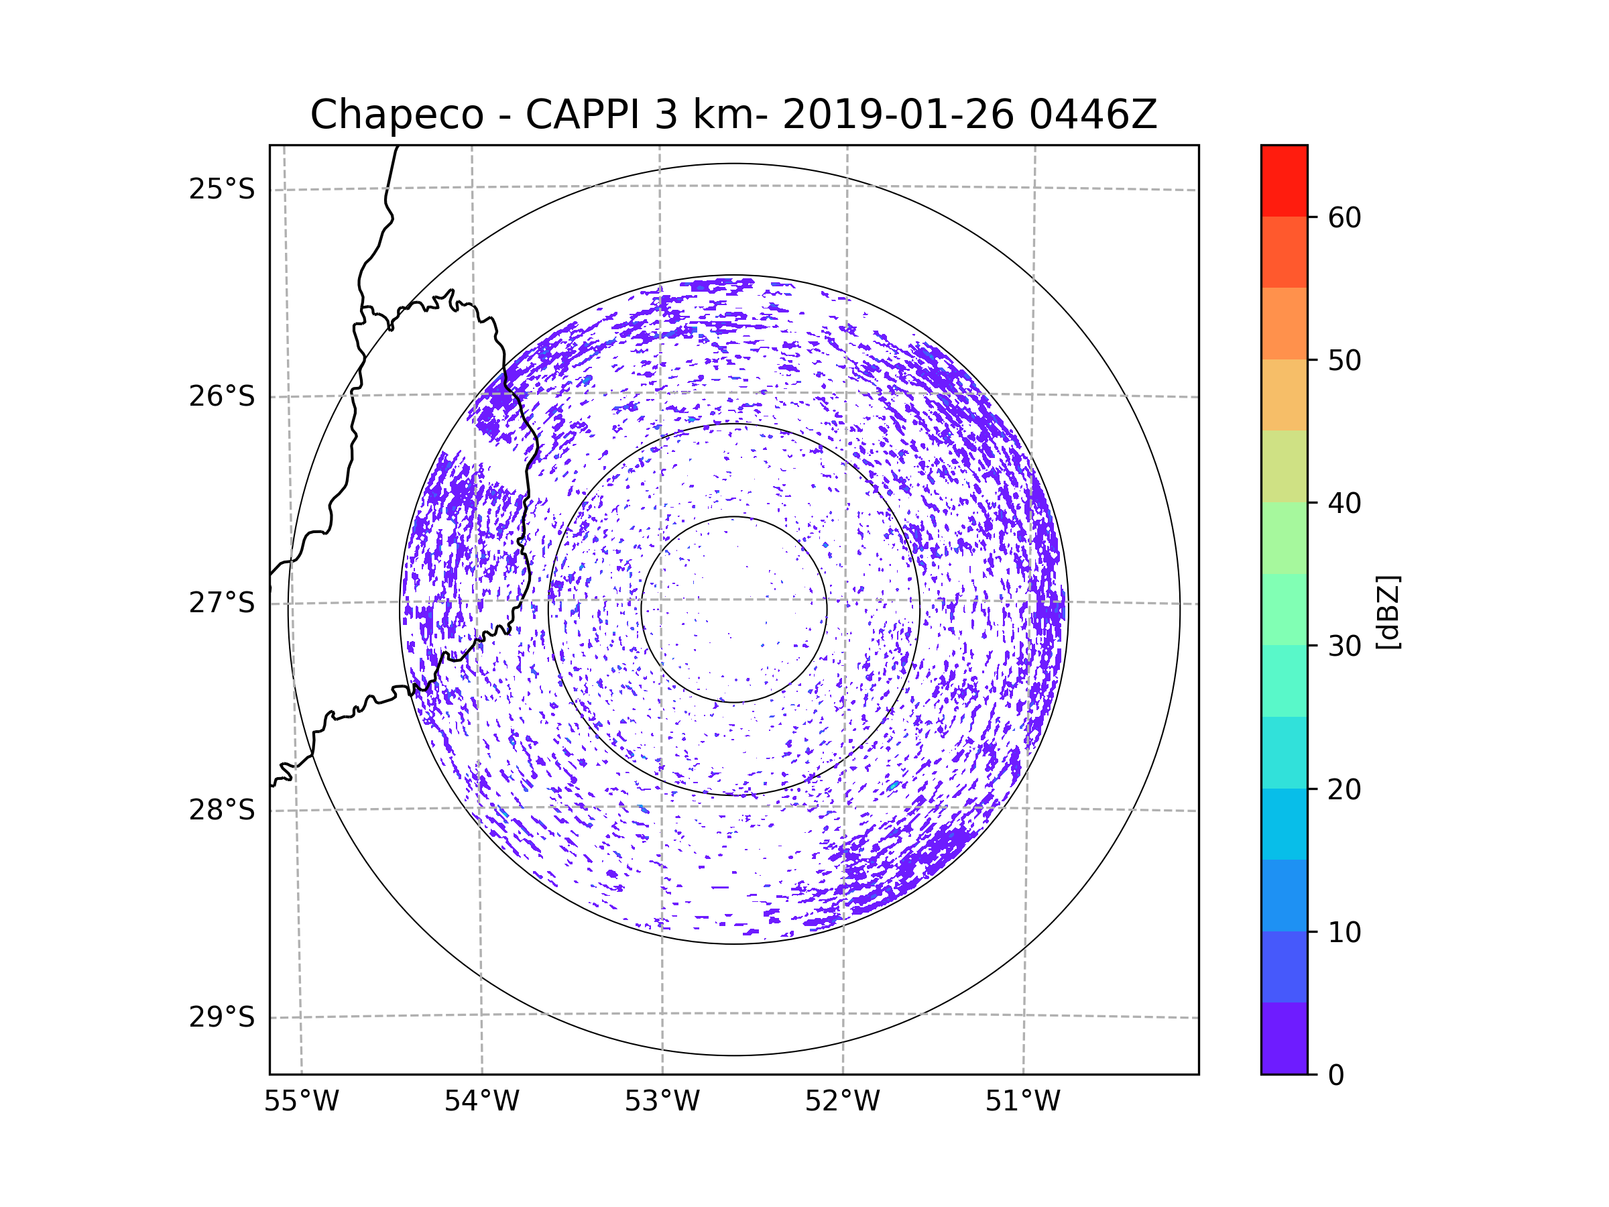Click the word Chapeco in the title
(396, 115)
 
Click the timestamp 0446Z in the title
(1093, 115)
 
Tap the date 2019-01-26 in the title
(898, 115)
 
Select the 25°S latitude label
(222, 189)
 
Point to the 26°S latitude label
(222, 396)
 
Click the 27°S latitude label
(222, 603)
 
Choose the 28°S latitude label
(222, 810)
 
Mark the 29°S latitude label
(222, 1017)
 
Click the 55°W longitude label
(301, 1102)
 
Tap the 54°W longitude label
(481, 1102)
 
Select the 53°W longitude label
(662, 1102)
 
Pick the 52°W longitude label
(842, 1102)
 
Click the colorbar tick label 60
(1344, 217)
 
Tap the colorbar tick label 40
(1344, 504)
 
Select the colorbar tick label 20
(1344, 789)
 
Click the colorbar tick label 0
(1336, 1076)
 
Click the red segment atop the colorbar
(1284, 180)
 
